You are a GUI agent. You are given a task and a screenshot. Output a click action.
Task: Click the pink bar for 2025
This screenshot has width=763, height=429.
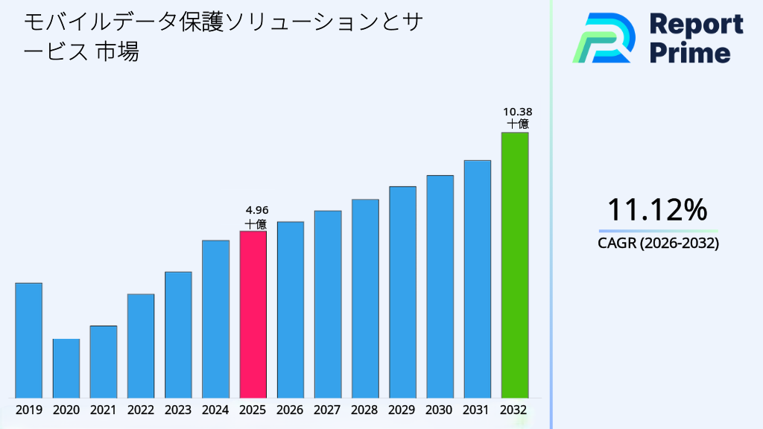[x=253, y=314]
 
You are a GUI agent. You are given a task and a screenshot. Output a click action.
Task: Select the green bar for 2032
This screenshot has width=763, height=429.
[x=514, y=265]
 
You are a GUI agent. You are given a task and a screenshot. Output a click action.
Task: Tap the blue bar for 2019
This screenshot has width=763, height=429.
[x=28, y=340]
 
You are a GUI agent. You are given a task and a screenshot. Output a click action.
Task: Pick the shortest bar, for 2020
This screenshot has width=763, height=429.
[x=66, y=369]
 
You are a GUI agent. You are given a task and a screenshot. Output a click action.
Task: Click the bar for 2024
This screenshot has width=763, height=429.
[x=215, y=319]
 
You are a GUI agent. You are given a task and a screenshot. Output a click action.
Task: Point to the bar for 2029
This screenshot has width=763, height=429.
[x=402, y=292]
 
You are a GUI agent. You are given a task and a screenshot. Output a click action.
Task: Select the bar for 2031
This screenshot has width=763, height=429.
[x=477, y=279]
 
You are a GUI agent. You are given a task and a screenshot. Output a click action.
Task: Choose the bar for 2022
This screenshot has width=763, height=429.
[x=141, y=346]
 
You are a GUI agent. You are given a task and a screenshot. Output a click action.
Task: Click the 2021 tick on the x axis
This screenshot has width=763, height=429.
[x=103, y=410]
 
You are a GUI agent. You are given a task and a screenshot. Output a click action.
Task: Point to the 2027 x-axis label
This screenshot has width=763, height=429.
[x=327, y=410]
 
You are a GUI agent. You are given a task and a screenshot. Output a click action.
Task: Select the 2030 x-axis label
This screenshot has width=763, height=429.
[x=440, y=410]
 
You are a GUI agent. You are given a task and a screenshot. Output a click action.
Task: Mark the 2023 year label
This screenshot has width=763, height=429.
[x=178, y=410]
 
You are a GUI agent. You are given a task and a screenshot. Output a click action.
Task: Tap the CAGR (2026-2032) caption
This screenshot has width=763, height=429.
[x=658, y=244]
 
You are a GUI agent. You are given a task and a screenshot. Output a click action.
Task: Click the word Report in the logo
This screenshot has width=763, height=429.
[x=696, y=25]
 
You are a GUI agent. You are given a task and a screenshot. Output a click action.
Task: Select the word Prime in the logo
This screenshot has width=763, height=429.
[x=690, y=53]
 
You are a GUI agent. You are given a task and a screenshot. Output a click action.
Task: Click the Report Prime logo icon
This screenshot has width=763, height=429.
[x=604, y=38]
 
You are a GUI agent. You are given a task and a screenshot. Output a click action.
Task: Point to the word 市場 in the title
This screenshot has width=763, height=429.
[x=118, y=52]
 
